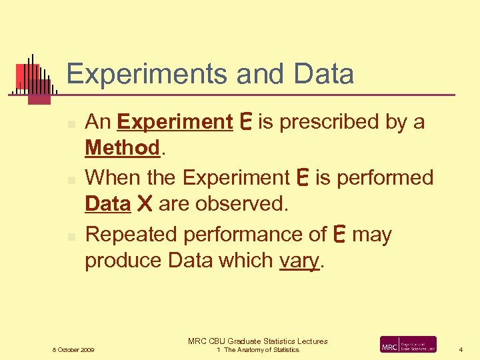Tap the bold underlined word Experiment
pyautogui.click(x=174, y=123)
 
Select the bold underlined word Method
pyautogui.click(x=123, y=148)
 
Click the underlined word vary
pyautogui.click(x=299, y=261)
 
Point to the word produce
pyautogui.click(x=124, y=261)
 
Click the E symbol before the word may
pyautogui.click(x=339, y=235)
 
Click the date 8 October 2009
pyautogui.click(x=73, y=349)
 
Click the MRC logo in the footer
pyautogui.click(x=408, y=345)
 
